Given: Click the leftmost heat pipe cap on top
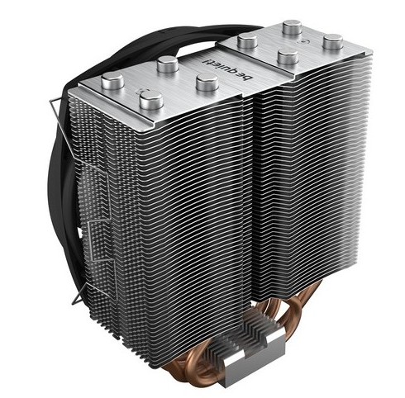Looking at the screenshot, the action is (x=112, y=80).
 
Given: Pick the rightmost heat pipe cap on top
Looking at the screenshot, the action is (x=333, y=41).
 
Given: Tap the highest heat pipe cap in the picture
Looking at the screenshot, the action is (x=292, y=27).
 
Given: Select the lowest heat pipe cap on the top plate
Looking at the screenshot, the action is (x=151, y=99).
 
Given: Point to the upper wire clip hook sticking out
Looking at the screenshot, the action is (x=54, y=104).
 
